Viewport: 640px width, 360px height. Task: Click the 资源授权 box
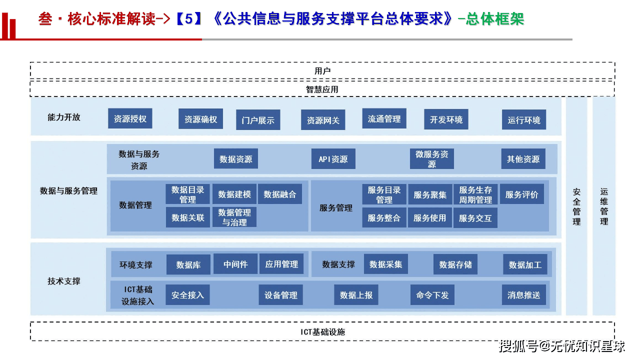130,119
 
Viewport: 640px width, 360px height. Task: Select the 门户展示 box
258,120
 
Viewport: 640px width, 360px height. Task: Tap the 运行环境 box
524,120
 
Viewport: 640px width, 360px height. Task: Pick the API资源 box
333,159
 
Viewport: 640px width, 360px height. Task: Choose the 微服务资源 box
432,159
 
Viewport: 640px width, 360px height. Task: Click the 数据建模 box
234,194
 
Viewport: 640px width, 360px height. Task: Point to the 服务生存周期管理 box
475,194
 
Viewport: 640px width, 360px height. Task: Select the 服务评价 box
521,194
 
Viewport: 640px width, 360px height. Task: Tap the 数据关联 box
188,217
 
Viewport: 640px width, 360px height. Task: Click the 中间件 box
235,264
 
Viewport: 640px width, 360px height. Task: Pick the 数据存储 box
455,264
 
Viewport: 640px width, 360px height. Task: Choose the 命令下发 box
432,295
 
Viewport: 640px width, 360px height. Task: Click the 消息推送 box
524,295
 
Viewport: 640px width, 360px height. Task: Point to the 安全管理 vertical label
576,206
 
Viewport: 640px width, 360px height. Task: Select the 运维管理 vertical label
604,206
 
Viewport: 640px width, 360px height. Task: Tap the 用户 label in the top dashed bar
322,71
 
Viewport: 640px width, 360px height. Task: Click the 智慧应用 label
322,89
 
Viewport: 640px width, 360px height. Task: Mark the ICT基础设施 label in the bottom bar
322,331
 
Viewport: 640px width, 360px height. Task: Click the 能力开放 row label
64,117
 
